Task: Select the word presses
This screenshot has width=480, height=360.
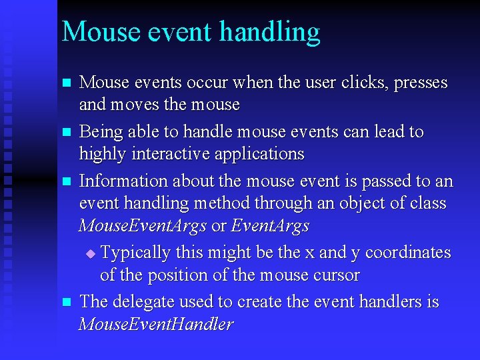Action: pos(421,83)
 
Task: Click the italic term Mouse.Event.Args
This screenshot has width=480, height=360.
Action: pos(143,226)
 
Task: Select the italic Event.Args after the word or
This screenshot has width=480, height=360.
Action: pos(270,226)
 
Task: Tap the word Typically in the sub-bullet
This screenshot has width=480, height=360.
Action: pos(135,253)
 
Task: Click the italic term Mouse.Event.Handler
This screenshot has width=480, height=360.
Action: pos(156,325)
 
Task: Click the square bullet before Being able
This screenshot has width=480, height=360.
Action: pos(65,132)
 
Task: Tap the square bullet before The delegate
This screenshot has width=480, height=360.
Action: pos(65,303)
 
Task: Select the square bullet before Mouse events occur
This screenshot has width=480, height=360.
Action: pos(65,83)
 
